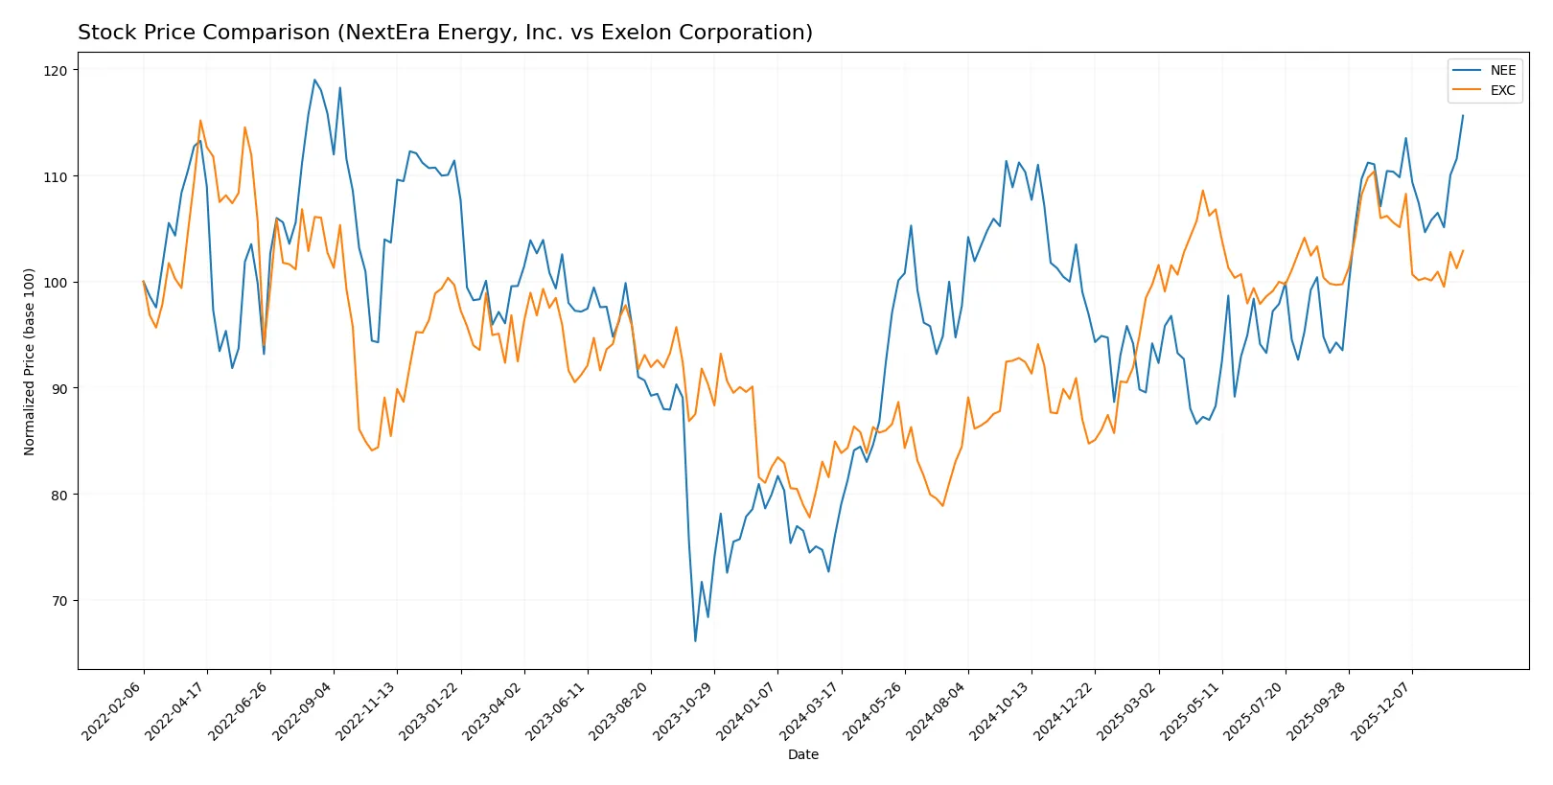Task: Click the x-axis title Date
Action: click(802, 754)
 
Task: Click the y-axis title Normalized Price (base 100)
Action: click(30, 361)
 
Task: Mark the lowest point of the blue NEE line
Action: click(695, 640)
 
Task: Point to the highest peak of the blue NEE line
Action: click(314, 80)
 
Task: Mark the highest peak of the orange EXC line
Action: click(200, 121)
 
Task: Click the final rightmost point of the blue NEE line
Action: click(1463, 116)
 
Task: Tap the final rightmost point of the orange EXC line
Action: click(1463, 251)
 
